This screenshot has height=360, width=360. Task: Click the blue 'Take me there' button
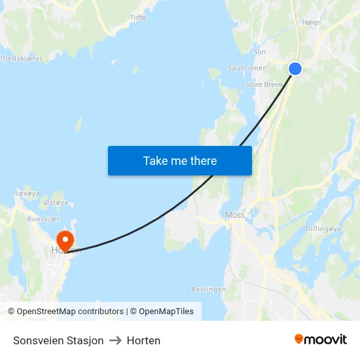point(180,160)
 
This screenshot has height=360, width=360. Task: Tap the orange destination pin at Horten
point(65,240)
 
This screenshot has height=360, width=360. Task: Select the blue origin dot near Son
point(295,68)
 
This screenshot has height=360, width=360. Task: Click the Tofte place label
point(138,18)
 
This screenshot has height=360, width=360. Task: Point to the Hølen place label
point(312,22)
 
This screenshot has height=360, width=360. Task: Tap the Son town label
point(259,52)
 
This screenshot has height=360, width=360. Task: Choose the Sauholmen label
point(247,68)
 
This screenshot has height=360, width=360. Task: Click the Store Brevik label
point(263,84)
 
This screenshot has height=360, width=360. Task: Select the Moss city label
point(234,215)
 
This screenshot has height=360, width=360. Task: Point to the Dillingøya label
point(323,229)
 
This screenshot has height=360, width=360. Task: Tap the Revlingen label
point(209,289)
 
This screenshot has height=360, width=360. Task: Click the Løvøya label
point(27,194)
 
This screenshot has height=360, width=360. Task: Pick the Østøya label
point(56,203)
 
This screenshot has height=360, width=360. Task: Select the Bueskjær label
point(44,219)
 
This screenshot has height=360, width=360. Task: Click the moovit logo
point(321,340)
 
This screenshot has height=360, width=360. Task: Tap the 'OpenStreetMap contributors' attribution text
point(70,312)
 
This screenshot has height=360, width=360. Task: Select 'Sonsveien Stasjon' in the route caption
point(58,340)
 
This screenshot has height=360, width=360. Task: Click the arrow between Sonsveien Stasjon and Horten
point(115,340)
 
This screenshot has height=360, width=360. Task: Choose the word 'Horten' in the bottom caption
point(143,340)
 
